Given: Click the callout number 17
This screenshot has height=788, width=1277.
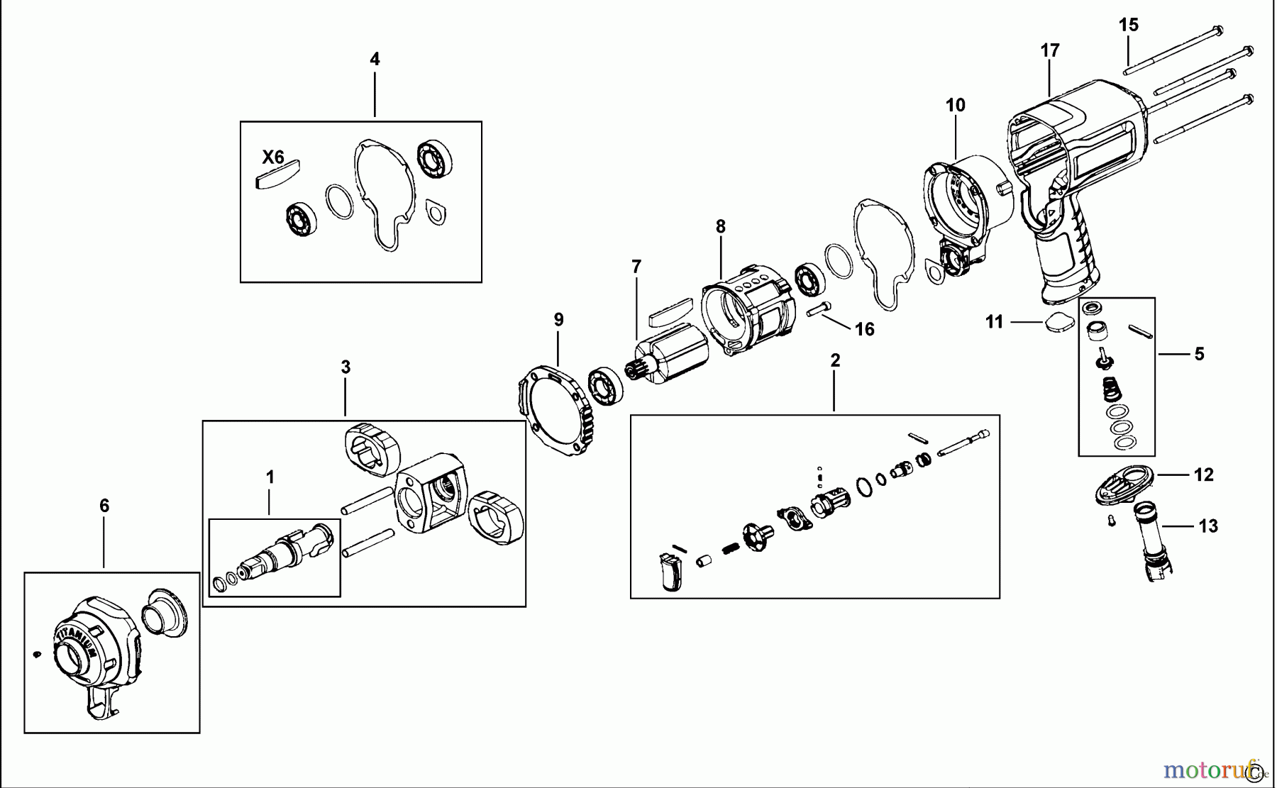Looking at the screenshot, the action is point(1050,50).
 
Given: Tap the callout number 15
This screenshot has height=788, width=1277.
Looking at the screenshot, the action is point(1128,26).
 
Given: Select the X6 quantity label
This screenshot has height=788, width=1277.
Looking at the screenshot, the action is point(273,157).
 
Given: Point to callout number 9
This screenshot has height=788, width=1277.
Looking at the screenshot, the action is point(559,320).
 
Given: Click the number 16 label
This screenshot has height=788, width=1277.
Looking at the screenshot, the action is point(864,329).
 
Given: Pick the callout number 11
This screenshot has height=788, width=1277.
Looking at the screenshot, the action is point(994,322).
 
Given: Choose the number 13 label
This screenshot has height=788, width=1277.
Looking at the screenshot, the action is point(1208,526).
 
